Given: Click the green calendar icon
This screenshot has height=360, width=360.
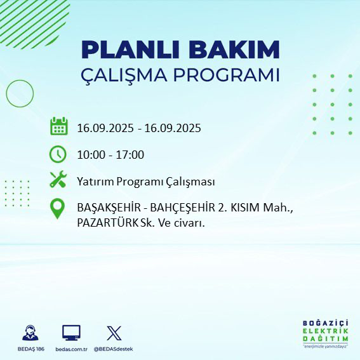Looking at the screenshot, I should coord(58,126).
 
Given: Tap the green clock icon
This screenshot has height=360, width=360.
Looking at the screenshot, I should coord(58,154).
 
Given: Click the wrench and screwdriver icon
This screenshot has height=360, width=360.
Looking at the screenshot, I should coord(58,180).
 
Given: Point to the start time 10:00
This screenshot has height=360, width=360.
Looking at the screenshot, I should coord(91,155).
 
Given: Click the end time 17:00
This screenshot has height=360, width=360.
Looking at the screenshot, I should coord(131,155).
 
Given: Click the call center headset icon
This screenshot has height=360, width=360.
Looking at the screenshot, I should coord(30,333).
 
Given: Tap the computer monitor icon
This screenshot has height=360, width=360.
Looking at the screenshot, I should coord(71,333).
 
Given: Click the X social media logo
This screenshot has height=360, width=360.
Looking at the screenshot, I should coord(114,333).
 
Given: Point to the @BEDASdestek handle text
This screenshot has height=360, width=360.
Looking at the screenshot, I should coord(114,349).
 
